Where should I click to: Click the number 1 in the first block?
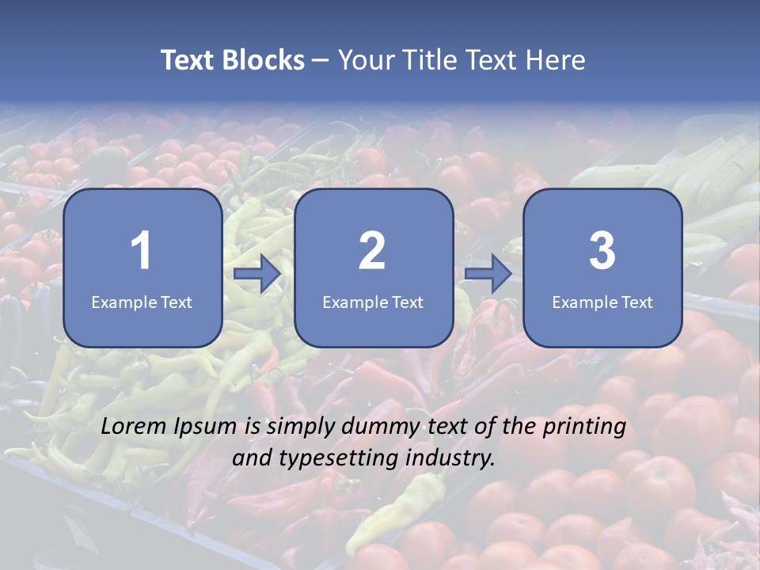(141, 251)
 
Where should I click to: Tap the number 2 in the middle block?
(372, 251)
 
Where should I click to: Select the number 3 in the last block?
(602, 251)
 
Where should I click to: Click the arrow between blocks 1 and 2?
(257, 274)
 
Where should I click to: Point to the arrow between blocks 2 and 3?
(488, 274)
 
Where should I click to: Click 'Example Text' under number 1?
(142, 302)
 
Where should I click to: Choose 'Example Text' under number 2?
(373, 302)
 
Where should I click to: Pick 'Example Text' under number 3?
(602, 302)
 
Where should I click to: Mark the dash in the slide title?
(321, 60)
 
